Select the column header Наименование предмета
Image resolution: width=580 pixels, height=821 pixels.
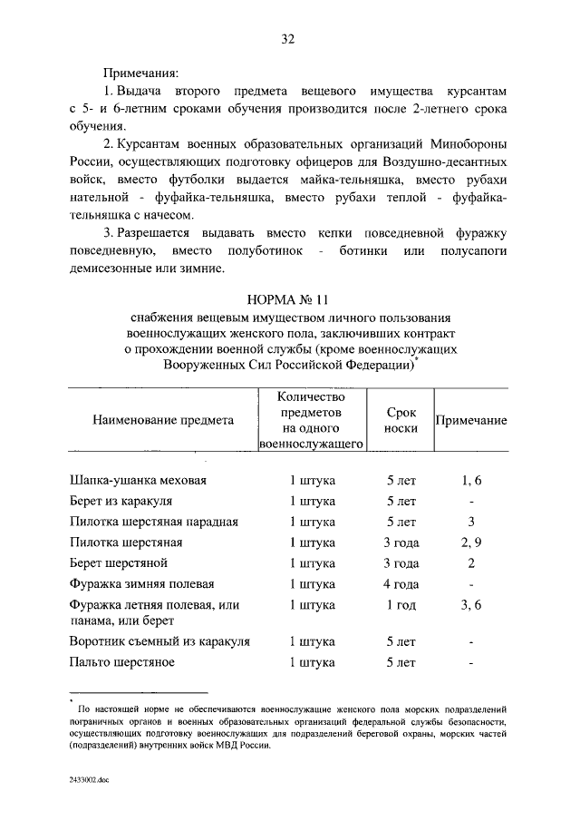tap(163, 419)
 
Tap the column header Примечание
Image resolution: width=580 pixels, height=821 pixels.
tap(471, 421)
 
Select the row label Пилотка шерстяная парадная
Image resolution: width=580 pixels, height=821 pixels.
tap(153, 522)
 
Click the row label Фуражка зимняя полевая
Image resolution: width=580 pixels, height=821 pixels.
tap(142, 584)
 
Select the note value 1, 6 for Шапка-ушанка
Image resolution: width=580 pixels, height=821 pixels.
tap(470, 480)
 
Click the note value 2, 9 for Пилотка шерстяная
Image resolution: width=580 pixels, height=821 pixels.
tap(470, 542)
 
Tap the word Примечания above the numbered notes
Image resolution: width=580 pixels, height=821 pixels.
tap(140, 71)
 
